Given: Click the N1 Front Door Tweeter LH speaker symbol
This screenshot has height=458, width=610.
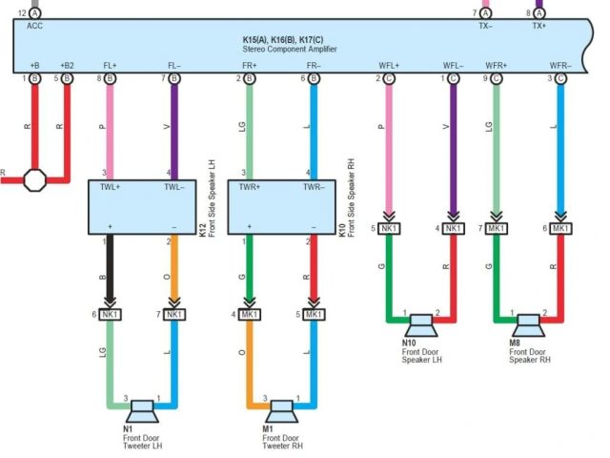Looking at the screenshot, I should (x=142, y=409).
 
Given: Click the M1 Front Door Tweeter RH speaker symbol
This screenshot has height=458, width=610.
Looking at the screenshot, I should (x=280, y=409).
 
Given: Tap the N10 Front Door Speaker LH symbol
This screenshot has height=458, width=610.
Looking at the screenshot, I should (x=421, y=326).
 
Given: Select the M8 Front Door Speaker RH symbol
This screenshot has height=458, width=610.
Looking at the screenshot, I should (x=528, y=326).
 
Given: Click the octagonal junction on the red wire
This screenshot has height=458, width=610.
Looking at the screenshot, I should (x=35, y=178).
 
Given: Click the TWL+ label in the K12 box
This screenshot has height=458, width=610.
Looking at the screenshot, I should (x=110, y=188).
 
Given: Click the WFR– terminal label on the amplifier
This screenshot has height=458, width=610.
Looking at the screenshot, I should (x=559, y=66).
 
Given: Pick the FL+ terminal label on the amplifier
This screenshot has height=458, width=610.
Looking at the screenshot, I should (x=110, y=66).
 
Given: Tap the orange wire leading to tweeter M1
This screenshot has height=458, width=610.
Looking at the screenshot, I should (x=250, y=358).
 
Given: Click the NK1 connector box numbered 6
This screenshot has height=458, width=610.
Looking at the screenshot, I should (x=111, y=314).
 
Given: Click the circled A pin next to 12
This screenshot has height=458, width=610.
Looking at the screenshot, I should (x=35, y=13).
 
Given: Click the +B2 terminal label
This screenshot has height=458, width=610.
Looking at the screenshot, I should (x=67, y=66).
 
